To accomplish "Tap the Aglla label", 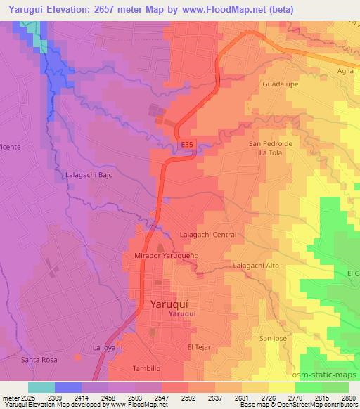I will coord(345,70).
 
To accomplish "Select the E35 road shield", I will coord(186,145).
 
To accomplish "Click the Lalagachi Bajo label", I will coord(89,174).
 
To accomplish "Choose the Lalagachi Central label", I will coord(208,235).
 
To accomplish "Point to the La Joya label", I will coord(103,348).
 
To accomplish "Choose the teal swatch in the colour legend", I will coord(41,387).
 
